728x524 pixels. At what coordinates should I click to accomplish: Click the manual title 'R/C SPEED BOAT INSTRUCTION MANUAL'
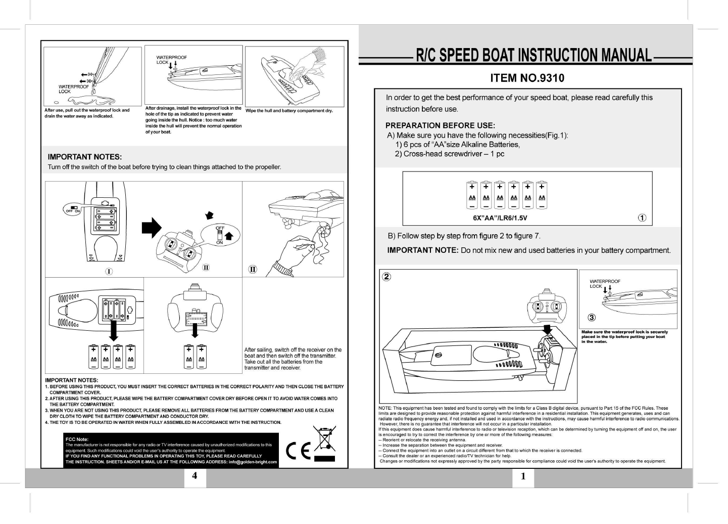tap(533, 55)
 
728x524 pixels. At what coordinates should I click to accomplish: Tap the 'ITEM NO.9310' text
tap(527, 78)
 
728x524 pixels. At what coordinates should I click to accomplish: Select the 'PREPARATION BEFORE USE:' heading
tap(440, 125)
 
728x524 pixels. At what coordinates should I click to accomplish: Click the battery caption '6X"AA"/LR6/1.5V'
tap(500, 218)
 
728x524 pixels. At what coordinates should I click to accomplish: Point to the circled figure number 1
tap(642, 218)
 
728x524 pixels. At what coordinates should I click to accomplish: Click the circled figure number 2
tap(386, 277)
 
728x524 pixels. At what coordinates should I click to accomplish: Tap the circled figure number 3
tap(592, 318)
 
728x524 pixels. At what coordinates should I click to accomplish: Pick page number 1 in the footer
tap(523, 476)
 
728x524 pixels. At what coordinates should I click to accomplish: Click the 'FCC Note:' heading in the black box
tap(77, 439)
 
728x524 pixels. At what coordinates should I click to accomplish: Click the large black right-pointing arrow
tap(151, 228)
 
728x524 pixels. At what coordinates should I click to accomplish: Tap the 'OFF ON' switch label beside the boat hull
tap(73, 210)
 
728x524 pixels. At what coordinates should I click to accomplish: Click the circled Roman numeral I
tap(109, 272)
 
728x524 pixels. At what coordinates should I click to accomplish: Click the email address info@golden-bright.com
tap(253, 462)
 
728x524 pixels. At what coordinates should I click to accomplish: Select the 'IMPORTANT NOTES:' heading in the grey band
tap(84, 157)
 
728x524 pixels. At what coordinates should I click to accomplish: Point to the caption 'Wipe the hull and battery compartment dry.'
tap(289, 111)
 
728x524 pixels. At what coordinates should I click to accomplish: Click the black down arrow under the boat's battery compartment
tap(114, 331)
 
